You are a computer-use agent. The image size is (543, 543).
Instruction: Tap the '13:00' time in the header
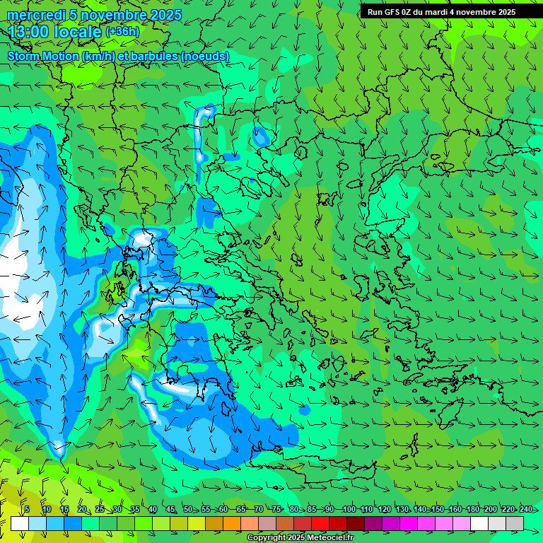(29, 32)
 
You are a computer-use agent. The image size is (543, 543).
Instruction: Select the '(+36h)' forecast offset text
(122, 31)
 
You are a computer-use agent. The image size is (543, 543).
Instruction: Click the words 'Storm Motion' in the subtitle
(44, 56)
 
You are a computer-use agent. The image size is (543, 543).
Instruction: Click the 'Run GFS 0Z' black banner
(441, 11)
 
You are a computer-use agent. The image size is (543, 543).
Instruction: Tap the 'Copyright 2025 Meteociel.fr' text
(300, 537)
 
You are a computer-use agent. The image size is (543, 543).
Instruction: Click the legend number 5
(27, 509)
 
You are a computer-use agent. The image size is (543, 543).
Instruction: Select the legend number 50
(188, 509)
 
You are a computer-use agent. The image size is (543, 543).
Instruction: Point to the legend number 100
(349, 509)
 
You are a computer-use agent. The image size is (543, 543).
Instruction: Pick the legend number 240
(526, 509)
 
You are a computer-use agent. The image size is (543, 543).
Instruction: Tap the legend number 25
(99, 509)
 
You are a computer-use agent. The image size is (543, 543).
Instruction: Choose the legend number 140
(421, 509)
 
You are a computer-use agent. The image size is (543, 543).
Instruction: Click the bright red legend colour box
(320, 523)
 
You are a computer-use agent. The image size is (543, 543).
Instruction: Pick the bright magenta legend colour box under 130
(409, 523)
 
